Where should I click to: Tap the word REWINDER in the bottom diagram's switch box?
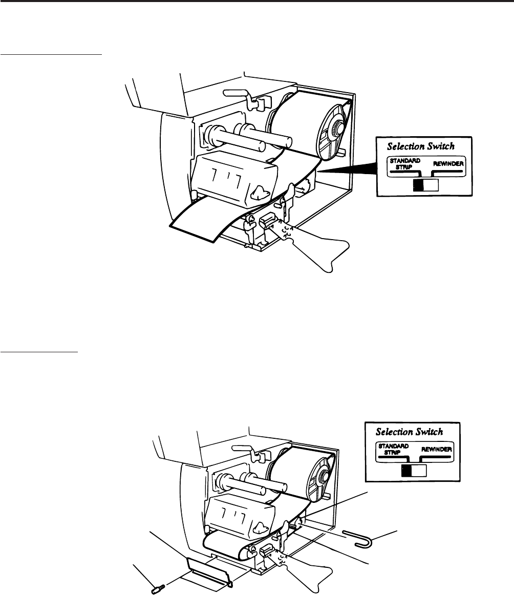(437, 449)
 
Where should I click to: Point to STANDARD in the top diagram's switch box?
(404, 160)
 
